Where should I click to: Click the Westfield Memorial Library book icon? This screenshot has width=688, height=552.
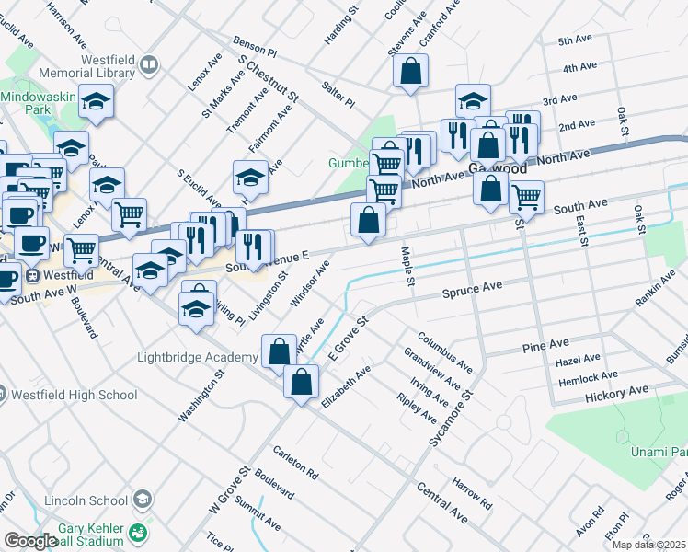point(148,64)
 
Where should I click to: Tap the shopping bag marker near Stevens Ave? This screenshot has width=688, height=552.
point(410,71)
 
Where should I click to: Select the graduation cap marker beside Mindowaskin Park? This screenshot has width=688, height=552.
point(96,102)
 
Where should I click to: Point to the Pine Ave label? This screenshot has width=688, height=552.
point(545,344)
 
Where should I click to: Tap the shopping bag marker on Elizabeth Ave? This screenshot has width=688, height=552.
point(301,381)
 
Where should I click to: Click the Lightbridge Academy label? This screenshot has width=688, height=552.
point(197,357)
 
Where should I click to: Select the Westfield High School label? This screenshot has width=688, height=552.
point(75,395)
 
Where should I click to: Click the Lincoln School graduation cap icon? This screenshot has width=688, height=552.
point(143,500)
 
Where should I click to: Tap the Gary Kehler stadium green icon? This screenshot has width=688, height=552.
point(138,533)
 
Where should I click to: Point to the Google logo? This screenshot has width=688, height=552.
point(30,540)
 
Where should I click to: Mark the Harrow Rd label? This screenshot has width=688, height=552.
point(472,493)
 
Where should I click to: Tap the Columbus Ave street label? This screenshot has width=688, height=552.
point(444,351)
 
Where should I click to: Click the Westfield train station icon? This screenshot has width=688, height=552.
point(33,275)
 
